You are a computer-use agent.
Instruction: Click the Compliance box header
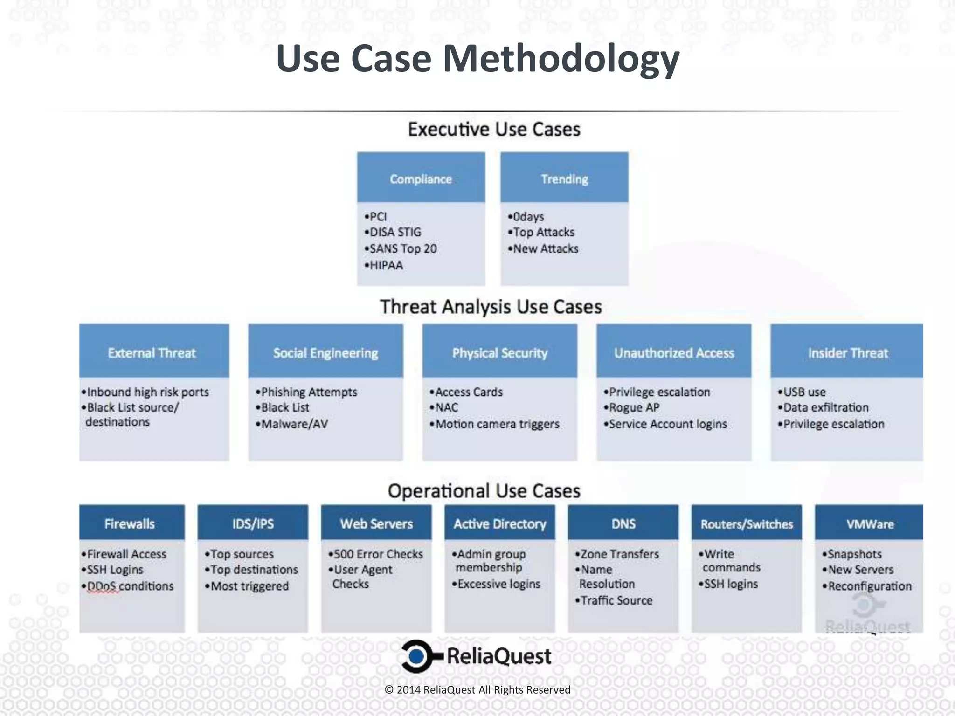pos(421,179)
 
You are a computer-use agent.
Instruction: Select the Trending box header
pos(564,179)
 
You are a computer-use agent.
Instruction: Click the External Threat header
pos(152,352)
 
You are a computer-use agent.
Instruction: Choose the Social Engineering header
pos(325,352)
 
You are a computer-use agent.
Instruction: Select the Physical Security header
pos(499,352)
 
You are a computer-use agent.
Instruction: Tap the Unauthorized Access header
pos(674,352)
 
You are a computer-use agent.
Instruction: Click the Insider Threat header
pos(847,352)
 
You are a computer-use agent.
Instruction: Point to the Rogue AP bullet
pos(634,407)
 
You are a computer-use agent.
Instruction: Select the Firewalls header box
pos(130,523)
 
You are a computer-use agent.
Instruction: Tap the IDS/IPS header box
pos(253,523)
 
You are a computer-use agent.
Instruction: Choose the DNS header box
pos(623,523)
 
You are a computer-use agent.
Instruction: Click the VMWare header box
pos(870,523)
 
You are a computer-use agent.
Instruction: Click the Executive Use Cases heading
pos(494,129)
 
